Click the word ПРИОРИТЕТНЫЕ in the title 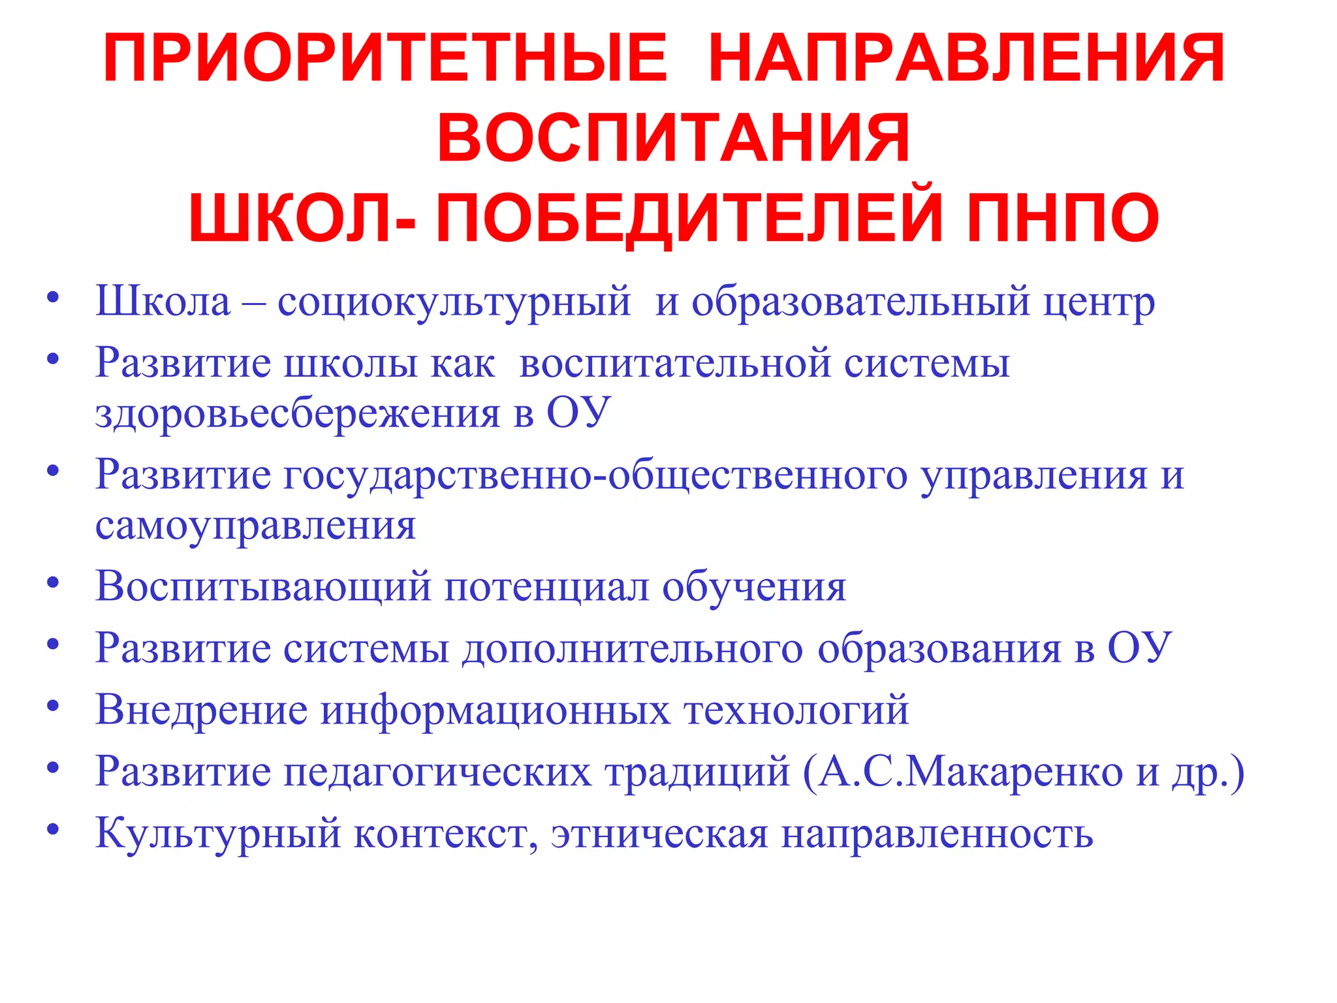click(x=385, y=59)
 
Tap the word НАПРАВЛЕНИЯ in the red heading click(x=966, y=59)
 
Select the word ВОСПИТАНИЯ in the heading click(x=673, y=138)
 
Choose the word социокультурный click(x=454, y=302)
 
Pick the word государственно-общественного click(x=595, y=475)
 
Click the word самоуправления click(x=255, y=525)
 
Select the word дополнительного click(x=633, y=648)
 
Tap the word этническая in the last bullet click(x=659, y=834)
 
